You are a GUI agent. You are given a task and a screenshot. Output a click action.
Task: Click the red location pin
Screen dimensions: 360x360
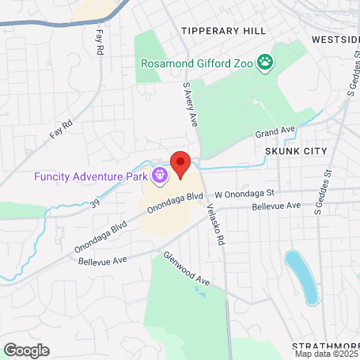coord(180,165)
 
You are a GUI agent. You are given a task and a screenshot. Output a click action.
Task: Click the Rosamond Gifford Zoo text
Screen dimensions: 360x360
coord(198,63)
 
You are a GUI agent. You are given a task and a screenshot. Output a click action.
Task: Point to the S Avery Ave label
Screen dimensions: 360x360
coord(190,104)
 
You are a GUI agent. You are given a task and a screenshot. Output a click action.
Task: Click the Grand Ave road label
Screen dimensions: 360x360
coord(275,129)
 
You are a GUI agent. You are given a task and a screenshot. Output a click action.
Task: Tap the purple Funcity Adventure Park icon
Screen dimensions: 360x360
coord(160,175)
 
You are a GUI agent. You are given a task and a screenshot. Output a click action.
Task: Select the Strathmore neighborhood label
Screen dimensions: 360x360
coord(325,347)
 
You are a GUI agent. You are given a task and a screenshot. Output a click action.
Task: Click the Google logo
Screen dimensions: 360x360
coord(26,350)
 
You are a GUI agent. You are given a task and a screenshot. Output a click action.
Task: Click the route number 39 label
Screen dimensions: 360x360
coord(94,203)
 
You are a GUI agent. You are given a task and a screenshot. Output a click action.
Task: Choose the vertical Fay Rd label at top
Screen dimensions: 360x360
coord(100,43)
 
